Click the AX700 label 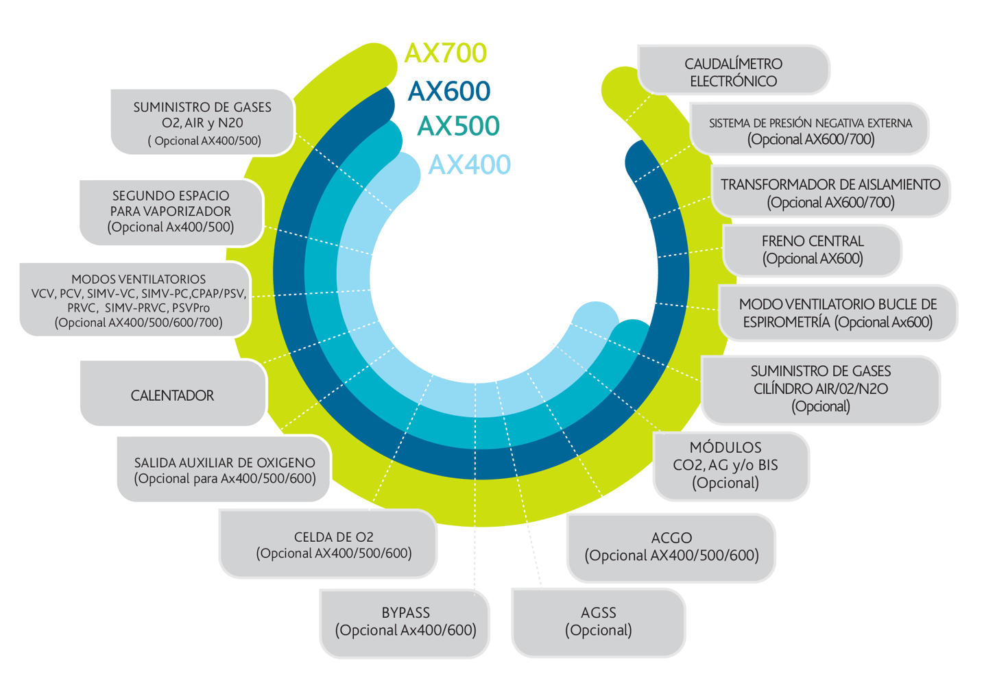[x=446, y=53]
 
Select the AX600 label [x=449, y=91]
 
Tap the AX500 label [x=459, y=125]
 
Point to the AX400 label [x=470, y=164]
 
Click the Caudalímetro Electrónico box [x=733, y=71]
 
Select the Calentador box [x=172, y=395]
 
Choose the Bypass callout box [x=405, y=621]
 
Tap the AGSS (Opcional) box [x=598, y=621]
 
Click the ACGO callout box [x=671, y=547]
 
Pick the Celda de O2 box [x=334, y=545]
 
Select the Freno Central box [x=813, y=250]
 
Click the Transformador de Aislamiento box [x=830, y=192]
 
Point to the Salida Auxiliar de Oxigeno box [x=224, y=470]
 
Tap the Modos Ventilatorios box [x=138, y=300]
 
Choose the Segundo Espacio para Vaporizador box [x=171, y=211]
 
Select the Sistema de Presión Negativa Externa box [x=811, y=131]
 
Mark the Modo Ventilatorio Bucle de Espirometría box [x=837, y=313]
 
